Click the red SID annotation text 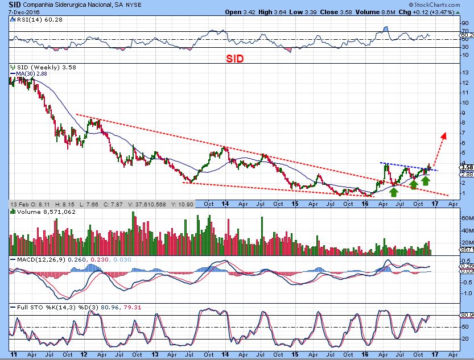click(237, 59)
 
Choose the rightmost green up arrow click(424, 180)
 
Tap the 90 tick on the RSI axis click(465, 23)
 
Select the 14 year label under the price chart click(225, 204)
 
